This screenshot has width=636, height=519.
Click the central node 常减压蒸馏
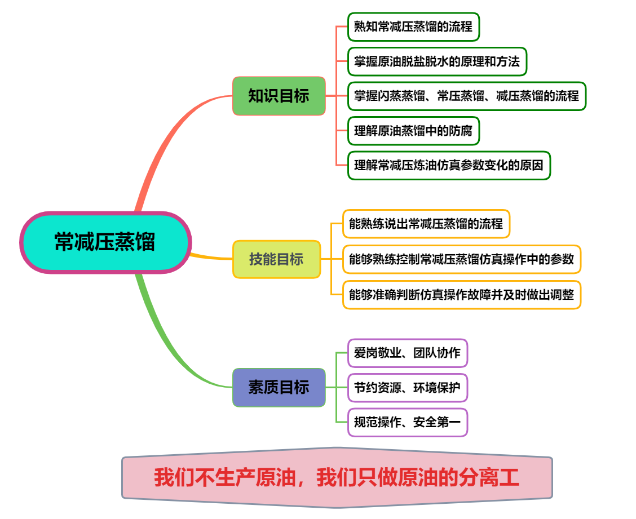105,242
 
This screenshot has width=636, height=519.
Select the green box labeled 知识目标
279,96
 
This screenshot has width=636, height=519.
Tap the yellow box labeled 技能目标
276,259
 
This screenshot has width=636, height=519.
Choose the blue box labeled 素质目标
279,388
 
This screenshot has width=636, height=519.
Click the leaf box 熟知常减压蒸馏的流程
413,26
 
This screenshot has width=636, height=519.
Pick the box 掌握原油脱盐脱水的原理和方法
437,61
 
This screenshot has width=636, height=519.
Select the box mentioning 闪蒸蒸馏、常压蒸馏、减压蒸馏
466,96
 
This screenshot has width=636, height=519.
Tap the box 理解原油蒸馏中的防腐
413,131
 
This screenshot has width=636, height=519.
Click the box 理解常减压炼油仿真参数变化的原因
448,166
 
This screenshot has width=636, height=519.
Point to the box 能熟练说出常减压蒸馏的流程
426,224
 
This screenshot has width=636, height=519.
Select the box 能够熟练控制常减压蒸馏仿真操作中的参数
461,259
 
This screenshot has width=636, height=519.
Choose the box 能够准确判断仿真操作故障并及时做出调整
461,295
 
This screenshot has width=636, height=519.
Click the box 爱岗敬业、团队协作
407,353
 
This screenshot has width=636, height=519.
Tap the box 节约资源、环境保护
407,388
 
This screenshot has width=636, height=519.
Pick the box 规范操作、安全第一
407,422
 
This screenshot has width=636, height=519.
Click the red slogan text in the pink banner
337,478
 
